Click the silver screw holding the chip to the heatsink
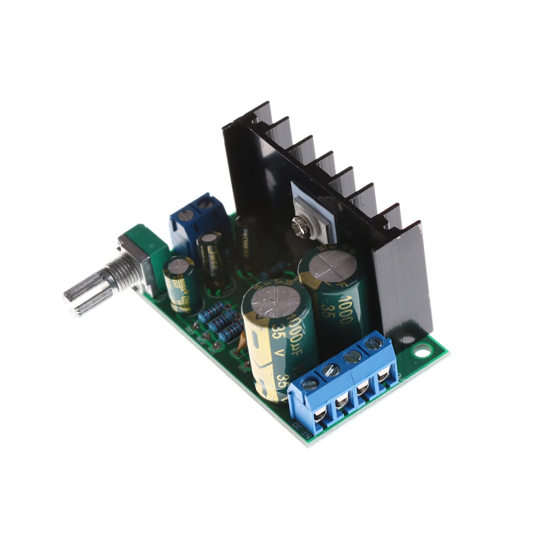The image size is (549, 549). (301, 224)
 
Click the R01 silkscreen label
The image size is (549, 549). (211, 351)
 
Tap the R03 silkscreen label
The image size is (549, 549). (189, 331)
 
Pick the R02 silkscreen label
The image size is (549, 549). (200, 341)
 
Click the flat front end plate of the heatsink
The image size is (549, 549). (403, 285)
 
